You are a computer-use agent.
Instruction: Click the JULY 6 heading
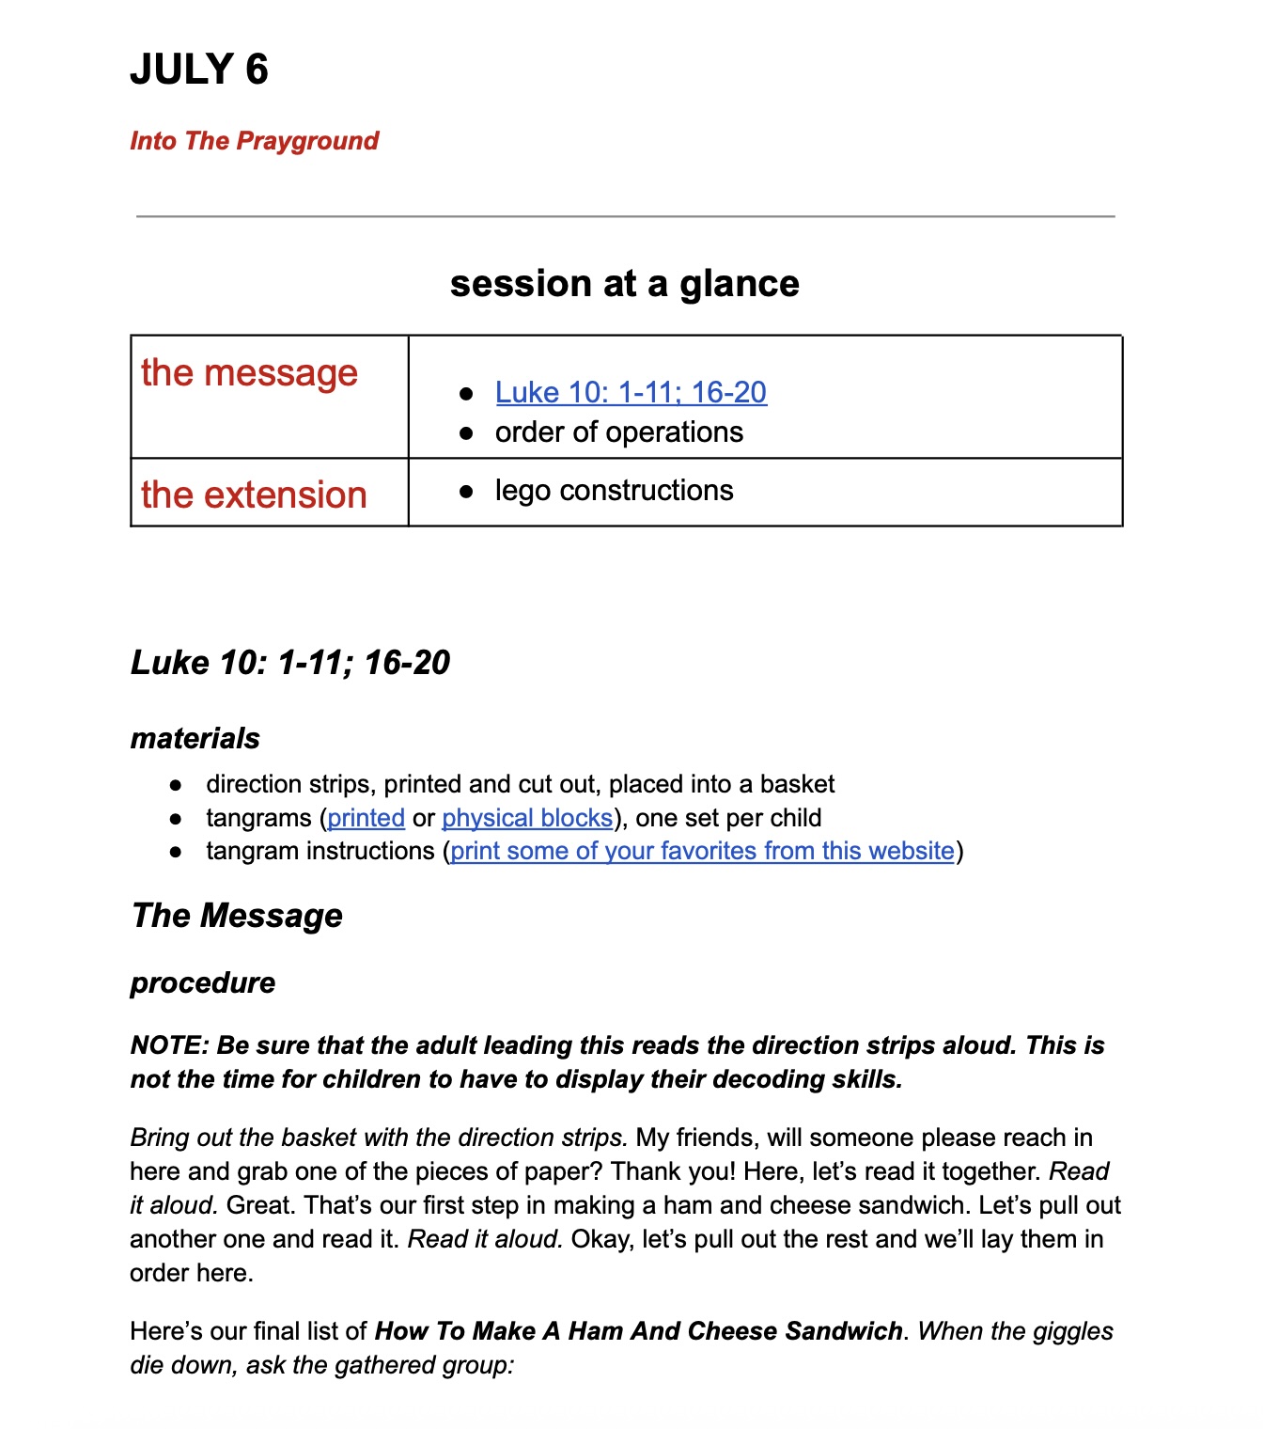tap(199, 70)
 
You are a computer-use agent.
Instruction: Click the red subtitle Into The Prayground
tap(254, 141)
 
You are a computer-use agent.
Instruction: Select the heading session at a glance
tap(624, 283)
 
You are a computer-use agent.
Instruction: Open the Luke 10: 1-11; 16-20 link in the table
tap(631, 392)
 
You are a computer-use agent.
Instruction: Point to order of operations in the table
tap(618, 432)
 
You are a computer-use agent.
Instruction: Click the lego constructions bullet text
tap(614, 490)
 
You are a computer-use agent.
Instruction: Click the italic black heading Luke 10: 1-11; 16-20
tap(290, 662)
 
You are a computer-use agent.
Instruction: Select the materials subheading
tap(195, 738)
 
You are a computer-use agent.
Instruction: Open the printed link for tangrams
tap(366, 818)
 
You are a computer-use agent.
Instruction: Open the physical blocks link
tap(527, 818)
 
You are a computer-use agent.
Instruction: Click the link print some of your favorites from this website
tap(702, 851)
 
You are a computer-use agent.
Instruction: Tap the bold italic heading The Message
tap(237, 915)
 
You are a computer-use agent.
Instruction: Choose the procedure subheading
tap(203, 982)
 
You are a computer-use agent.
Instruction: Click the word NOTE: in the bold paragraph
tap(169, 1045)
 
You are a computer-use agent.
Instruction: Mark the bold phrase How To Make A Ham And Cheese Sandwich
tap(638, 1331)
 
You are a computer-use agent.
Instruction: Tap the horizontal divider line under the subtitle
tap(625, 216)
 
